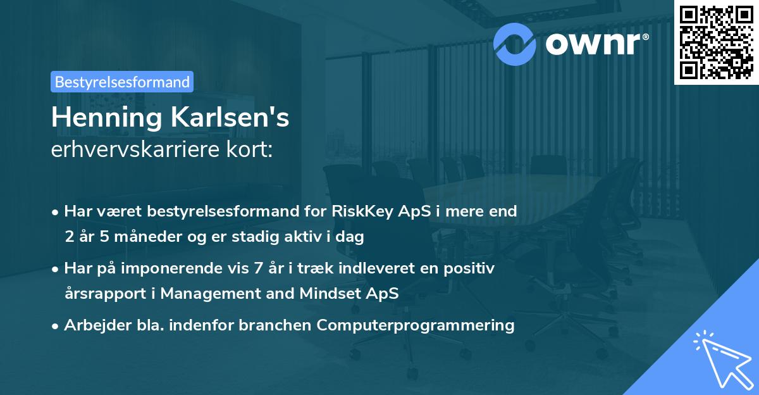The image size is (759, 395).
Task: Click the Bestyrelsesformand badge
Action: coord(122,82)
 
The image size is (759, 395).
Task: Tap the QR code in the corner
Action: coord(717,42)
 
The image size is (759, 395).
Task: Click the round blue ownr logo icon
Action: coord(515,42)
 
